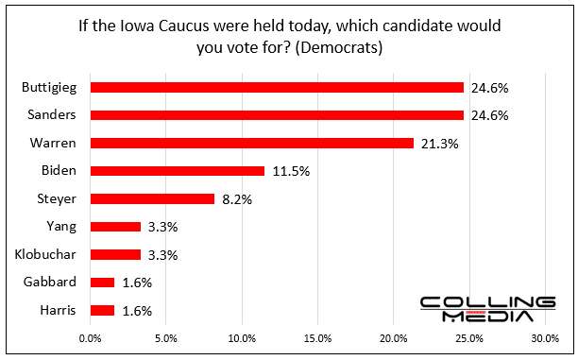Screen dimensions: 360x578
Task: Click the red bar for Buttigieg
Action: tap(277, 87)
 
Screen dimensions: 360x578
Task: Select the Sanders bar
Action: tap(277, 115)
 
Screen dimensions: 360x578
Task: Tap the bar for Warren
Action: tap(251, 143)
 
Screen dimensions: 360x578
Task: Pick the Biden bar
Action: tap(177, 171)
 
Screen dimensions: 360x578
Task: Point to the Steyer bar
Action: tap(152, 198)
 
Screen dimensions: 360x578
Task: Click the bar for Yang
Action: tap(114, 227)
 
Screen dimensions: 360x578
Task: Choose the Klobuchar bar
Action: tap(114, 254)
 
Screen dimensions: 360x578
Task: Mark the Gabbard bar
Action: tap(102, 283)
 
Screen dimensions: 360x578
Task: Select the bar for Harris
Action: tap(102, 310)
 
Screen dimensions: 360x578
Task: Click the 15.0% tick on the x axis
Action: tap(317, 337)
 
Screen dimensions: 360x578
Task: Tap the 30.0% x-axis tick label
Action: tap(545, 337)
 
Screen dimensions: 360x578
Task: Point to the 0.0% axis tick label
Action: tap(91, 337)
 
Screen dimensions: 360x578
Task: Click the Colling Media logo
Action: tap(486, 309)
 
